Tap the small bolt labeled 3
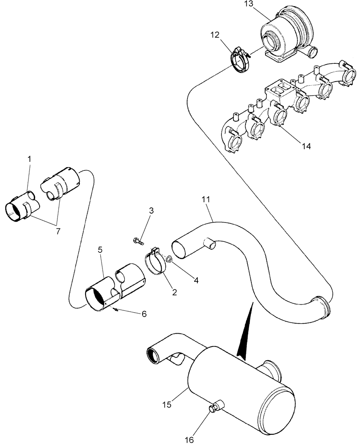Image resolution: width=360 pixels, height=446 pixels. [x=139, y=241]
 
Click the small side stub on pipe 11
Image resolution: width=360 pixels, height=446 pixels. [x=209, y=243]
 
